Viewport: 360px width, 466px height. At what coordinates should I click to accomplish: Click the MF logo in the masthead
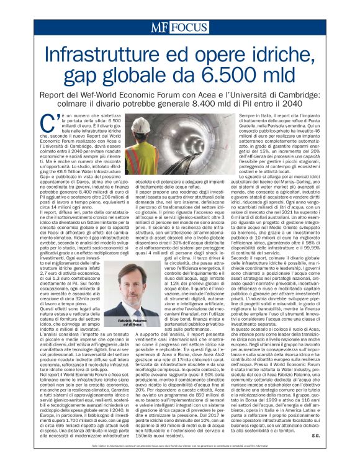coord(158,27)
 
